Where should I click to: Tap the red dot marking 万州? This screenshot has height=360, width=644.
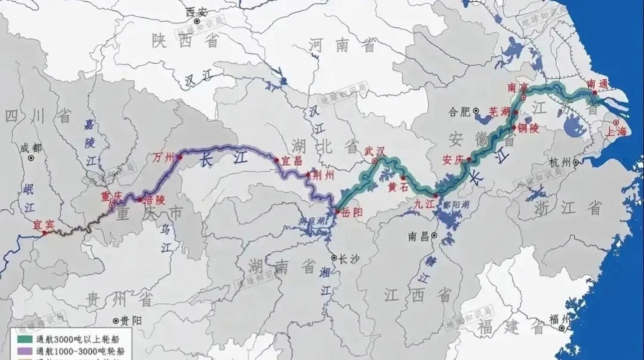point(180,157)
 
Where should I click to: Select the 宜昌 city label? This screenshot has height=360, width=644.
point(292,160)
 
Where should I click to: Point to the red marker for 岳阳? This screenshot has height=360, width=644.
point(337,211)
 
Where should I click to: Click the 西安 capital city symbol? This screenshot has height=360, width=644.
point(196,21)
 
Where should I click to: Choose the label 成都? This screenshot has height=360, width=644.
point(31,148)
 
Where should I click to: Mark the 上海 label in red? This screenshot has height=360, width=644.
point(616,131)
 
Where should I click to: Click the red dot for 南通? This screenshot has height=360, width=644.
point(595,92)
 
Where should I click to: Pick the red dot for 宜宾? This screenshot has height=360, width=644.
point(45,233)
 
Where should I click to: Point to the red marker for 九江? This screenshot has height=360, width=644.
point(436,195)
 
